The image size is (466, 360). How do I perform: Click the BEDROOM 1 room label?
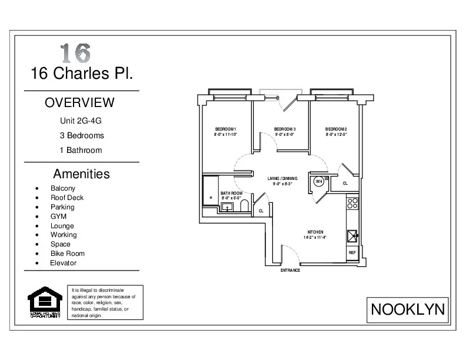tap(225, 129)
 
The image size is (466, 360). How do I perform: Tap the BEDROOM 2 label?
tap(336, 129)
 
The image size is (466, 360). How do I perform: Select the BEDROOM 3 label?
tap(285, 129)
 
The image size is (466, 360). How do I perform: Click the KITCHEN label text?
tap(315, 232)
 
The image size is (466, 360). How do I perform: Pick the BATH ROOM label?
tap(231, 193)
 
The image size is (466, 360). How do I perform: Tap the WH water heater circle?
tap(318, 182)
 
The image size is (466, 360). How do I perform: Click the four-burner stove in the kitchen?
tap(352, 204)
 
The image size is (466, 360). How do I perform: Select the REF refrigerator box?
tap(352, 252)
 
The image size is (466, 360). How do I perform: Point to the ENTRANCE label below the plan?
tap(290, 271)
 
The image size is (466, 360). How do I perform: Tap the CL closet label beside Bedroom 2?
tap(345, 184)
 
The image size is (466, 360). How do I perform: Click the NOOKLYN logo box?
tap(408, 308)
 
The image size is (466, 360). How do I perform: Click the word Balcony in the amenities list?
tap(63, 188)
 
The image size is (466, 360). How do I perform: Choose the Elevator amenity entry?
tap(63, 263)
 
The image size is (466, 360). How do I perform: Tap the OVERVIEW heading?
tap(80, 102)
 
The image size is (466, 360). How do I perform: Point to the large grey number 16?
tap(75, 53)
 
